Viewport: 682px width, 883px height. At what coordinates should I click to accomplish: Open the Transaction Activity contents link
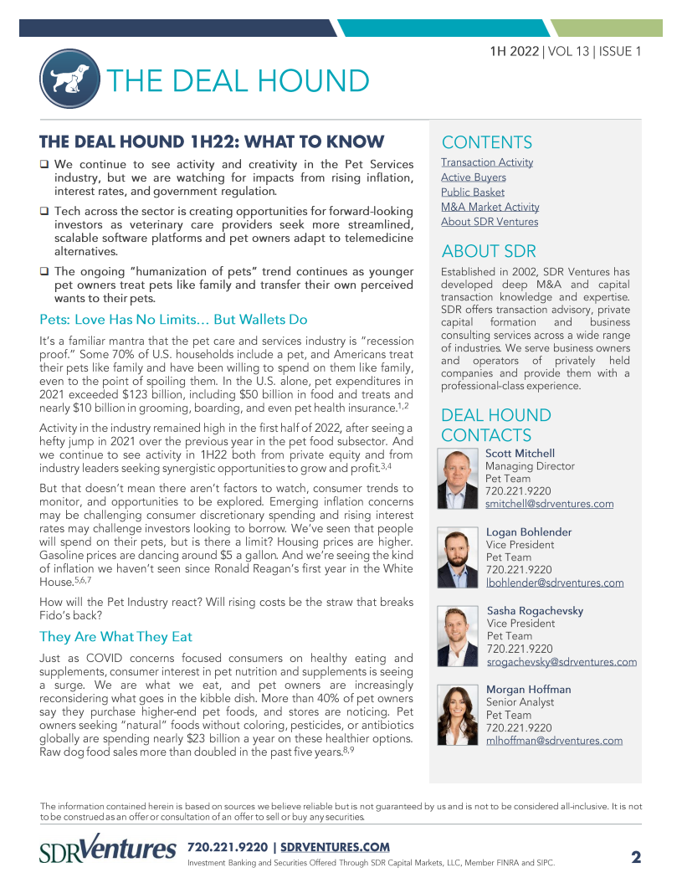486,162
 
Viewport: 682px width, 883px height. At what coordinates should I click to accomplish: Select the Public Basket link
473,193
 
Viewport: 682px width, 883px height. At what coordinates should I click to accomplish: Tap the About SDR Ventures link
490,223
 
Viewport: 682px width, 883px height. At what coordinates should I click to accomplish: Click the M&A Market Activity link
490,208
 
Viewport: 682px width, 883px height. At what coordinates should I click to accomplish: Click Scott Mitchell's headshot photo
458,480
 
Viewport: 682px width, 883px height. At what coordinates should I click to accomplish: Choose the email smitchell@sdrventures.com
549,505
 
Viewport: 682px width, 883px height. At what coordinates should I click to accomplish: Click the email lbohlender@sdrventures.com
554,583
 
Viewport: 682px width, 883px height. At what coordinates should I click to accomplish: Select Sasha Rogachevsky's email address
561,662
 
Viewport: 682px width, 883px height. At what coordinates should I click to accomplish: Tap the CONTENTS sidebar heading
486,142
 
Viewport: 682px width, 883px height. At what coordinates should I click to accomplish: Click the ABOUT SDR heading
489,252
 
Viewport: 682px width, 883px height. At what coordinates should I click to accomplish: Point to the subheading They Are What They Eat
115,637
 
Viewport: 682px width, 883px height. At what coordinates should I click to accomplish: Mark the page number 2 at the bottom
636,857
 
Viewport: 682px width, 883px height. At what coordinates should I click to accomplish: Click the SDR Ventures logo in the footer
108,850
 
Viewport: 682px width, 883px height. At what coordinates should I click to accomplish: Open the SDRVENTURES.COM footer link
335,848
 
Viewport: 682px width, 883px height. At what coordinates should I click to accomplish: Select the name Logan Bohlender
529,532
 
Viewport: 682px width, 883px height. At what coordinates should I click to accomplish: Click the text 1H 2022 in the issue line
515,51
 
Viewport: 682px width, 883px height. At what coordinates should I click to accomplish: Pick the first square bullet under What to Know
44,165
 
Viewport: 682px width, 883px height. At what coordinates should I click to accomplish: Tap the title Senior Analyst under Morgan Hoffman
520,703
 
